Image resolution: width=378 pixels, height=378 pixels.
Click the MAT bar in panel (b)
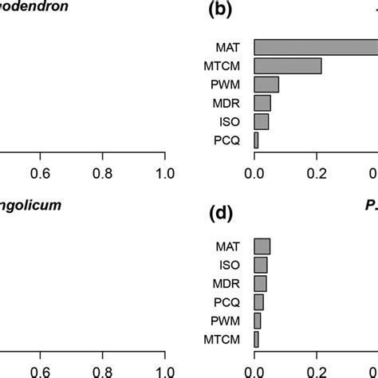[315, 47]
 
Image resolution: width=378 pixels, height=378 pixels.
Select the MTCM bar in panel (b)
[288, 65]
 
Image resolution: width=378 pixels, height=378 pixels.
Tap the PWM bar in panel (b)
[266, 84]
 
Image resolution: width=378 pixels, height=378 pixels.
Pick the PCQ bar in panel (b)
[256, 140]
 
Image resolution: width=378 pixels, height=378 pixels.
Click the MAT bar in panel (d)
[262, 246]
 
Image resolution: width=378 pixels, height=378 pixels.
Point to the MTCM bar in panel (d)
[256, 339]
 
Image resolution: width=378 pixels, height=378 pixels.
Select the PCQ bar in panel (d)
[258, 302]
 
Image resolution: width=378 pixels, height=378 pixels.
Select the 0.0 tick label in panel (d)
[254, 371]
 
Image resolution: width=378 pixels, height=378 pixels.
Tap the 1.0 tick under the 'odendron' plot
[164, 171]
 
